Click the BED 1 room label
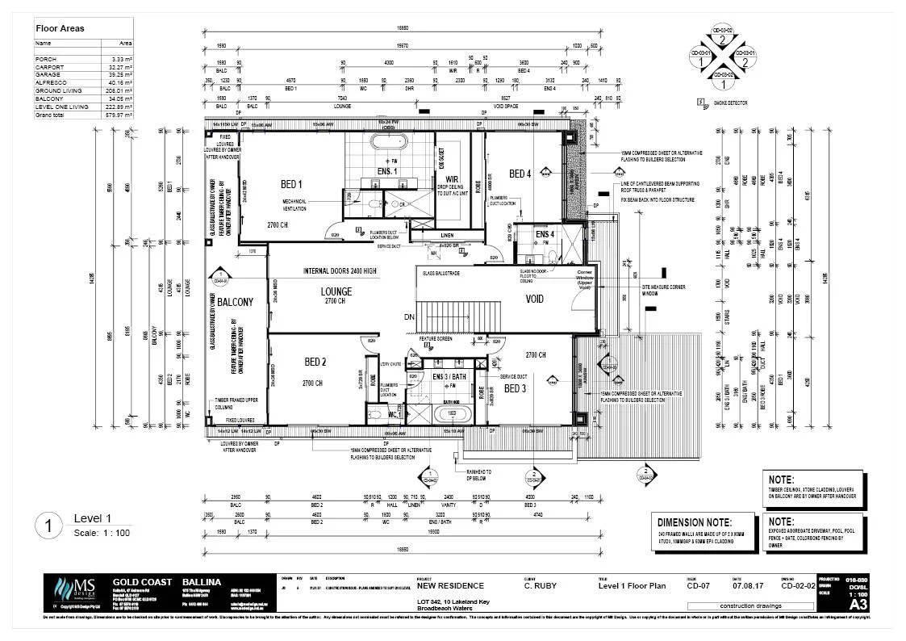coord(291,183)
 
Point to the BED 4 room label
coord(520,174)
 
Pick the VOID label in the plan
coord(534,299)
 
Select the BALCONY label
coord(235,302)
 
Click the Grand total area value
coord(120,115)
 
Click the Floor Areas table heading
coord(60,28)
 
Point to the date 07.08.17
coord(743,586)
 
